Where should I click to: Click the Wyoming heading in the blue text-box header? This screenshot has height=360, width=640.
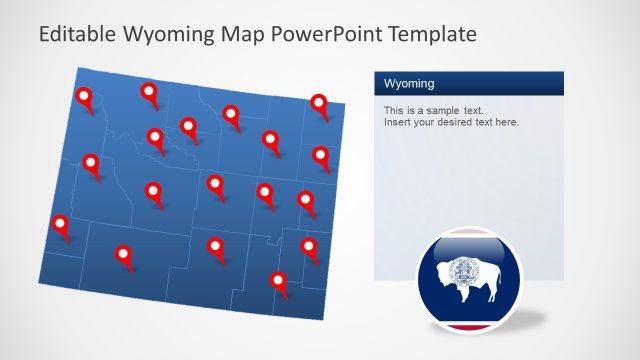409,83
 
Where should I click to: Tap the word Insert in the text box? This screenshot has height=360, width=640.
397,122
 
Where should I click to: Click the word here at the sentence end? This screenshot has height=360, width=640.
507,122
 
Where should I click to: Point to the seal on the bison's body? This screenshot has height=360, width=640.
463,269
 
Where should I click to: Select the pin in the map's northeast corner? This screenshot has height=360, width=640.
319,103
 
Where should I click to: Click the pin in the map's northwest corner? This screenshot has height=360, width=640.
84,97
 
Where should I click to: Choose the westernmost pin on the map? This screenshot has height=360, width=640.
61,225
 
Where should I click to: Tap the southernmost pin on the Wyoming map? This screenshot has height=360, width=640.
279,282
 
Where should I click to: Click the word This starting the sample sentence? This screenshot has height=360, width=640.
392,109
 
